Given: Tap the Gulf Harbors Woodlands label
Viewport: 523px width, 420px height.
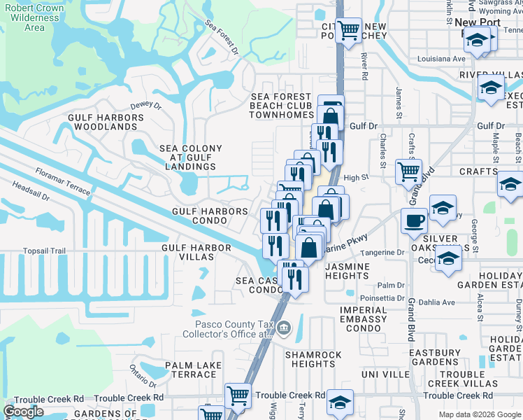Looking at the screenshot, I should tap(103, 122).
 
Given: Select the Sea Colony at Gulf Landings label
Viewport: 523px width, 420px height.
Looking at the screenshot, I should tap(191, 157).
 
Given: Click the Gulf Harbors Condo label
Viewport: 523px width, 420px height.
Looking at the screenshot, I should tap(210, 216).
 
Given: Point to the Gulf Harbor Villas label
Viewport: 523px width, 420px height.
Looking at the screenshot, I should tap(196, 252).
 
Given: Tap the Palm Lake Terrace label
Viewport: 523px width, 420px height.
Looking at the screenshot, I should tap(193, 370).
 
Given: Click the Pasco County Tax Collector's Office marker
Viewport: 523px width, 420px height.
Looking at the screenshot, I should tap(284, 328).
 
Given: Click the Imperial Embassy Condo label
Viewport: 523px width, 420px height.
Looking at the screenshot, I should tap(363, 319).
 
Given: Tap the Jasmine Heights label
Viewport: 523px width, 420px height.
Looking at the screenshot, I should tap(357, 272).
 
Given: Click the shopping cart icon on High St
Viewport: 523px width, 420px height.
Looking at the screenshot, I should tap(408, 170).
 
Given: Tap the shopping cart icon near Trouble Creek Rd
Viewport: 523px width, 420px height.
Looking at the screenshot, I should tap(238, 395).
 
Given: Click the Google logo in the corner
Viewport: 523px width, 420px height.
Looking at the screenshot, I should tap(24, 412).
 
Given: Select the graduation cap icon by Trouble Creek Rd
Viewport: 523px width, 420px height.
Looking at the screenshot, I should tap(341, 403).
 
